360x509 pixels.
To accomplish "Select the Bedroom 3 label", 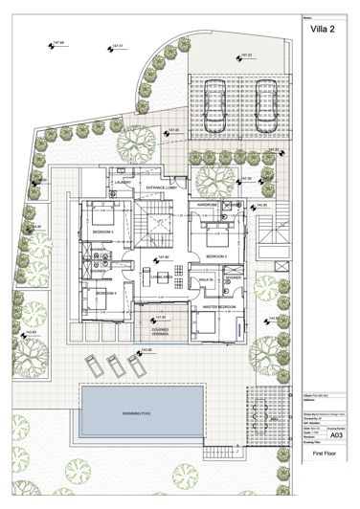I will [x=102, y=232].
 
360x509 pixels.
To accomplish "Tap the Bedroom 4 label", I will [x=105, y=292].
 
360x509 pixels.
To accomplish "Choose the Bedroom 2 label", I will [x=214, y=257].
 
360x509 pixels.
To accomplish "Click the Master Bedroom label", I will [x=218, y=307].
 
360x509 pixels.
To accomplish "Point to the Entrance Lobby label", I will [x=160, y=188].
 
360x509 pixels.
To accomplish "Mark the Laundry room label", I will [x=122, y=183].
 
